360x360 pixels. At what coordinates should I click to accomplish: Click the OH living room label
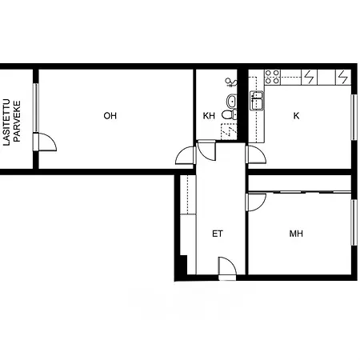(110, 116)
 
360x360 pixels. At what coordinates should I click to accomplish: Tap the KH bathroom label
(209, 116)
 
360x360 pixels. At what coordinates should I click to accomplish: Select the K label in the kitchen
(296, 116)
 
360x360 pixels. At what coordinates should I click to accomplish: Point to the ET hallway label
(217, 234)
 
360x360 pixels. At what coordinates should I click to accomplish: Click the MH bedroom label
(296, 234)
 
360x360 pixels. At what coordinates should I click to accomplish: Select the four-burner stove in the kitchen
(273, 77)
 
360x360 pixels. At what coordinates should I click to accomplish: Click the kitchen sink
(257, 101)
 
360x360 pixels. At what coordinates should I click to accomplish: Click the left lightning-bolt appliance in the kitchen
(310, 77)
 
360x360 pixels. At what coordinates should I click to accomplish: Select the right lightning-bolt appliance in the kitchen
(342, 77)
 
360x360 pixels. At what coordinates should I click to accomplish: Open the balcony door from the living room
(46, 142)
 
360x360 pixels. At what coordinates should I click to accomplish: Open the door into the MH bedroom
(255, 202)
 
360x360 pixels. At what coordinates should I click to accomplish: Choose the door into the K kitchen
(256, 154)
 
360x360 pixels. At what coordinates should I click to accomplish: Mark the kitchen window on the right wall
(353, 120)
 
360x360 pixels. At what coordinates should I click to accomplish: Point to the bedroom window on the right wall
(353, 222)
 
